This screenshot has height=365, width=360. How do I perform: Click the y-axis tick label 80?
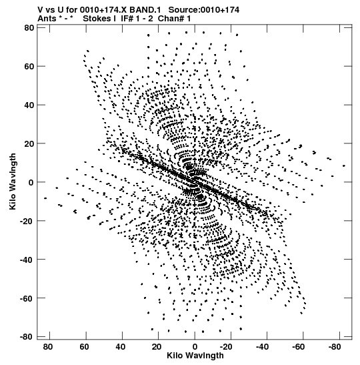pyautogui.click(x=29, y=28)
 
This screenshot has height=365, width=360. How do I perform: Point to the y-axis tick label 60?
pyautogui.click(x=29, y=66)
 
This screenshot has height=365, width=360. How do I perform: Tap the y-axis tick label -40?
pyautogui.click(x=27, y=260)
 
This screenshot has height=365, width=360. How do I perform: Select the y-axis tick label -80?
pyautogui.click(x=27, y=336)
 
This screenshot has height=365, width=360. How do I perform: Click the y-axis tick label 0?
pyautogui.click(x=31, y=182)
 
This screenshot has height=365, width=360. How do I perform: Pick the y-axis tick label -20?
pyautogui.click(x=27, y=221)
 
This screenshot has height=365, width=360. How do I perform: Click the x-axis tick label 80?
pyautogui.click(x=48, y=346)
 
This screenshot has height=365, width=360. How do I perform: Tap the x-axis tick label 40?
pyautogui.click(x=120, y=346)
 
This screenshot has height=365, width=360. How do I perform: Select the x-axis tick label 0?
pyautogui.click(x=195, y=346)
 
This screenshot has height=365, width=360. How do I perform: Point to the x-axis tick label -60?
pyautogui.click(x=298, y=346)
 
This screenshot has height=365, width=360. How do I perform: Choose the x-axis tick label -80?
pyautogui.click(x=335, y=346)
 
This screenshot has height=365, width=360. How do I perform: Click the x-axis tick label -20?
pyautogui.click(x=226, y=346)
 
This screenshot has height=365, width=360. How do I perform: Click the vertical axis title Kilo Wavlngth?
pyautogui.click(x=13, y=181)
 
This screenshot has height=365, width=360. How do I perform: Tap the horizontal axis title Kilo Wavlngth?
pyautogui.click(x=195, y=356)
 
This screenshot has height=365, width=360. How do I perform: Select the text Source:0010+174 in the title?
pyautogui.click(x=204, y=10)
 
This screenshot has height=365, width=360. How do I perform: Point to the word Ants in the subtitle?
pyautogui.click(x=47, y=19)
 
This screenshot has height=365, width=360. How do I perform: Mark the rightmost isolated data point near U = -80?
pyautogui.click(x=344, y=165)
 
